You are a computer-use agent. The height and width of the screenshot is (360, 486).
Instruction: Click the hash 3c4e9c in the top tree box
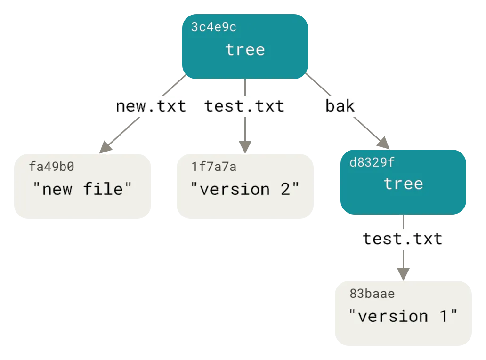(x=213, y=27)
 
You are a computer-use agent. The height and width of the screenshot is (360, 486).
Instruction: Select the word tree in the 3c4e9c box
(x=245, y=49)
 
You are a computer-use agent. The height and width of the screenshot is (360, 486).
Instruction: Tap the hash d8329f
(x=372, y=163)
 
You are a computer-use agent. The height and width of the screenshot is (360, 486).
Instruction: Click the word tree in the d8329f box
(x=403, y=184)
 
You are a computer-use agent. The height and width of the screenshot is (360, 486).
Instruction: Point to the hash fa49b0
(x=52, y=167)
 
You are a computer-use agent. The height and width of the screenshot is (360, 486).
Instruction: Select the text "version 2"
(x=244, y=189)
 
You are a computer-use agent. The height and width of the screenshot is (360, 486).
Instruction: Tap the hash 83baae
(x=372, y=294)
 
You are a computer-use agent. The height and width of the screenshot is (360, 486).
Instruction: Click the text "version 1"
(x=403, y=316)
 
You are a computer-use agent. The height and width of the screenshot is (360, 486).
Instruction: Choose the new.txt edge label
(x=151, y=106)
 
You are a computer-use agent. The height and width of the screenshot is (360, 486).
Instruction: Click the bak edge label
(x=340, y=106)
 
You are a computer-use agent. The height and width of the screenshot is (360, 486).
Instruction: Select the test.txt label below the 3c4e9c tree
(x=244, y=106)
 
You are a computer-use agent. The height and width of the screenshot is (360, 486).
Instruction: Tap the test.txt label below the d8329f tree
(x=403, y=239)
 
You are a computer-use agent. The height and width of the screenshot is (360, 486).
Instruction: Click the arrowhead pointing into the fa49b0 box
(x=106, y=147)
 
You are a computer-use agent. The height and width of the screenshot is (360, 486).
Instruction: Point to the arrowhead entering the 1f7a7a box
(x=244, y=145)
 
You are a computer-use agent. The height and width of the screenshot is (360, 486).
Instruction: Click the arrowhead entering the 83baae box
(x=403, y=272)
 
